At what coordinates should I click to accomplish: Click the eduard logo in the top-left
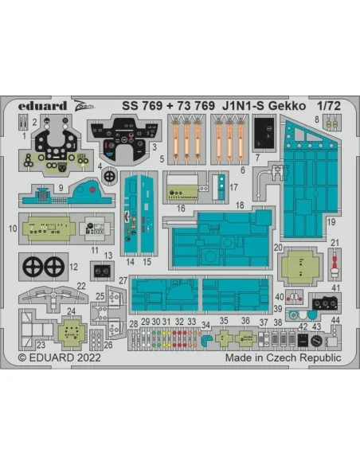click(42, 106)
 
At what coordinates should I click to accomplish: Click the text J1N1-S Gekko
click(264, 106)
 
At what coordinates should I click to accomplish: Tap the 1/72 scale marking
click(329, 106)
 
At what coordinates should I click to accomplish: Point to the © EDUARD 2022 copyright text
click(60, 358)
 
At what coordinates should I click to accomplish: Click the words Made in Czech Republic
click(283, 358)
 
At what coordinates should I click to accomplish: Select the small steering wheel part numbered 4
click(110, 176)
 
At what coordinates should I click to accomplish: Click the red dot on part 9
click(92, 190)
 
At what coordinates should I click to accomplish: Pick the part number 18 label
click(240, 205)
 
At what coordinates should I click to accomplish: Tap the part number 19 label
click(331, 222)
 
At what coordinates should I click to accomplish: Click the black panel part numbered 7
click(264, 133)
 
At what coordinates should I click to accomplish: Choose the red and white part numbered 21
click(335, 264)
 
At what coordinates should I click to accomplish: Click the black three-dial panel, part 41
click(325, 303)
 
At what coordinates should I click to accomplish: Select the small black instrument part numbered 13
click(102, 271)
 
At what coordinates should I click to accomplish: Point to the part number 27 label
click(123, 280)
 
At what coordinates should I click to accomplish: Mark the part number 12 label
click(73, 267)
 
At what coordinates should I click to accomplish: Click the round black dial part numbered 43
click(316, 341)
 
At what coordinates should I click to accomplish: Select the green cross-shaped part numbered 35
click(223, 337)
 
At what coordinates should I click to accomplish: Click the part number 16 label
click(181, 209)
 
